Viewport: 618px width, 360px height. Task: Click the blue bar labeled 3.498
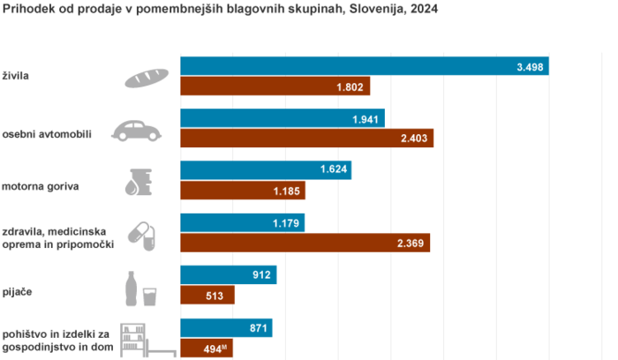[364, 65]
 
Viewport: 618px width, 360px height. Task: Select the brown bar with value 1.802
[275, 86]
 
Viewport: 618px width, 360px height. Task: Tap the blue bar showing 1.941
[283, 118]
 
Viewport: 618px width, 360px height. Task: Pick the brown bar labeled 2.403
[306, 138]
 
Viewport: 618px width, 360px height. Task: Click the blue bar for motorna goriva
[265, 170]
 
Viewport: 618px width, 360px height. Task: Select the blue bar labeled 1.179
[242, 223]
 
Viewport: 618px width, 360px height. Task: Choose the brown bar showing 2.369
[305, 243]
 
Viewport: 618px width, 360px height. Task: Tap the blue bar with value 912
[228, 275]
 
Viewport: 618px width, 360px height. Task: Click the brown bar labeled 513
[207, 296]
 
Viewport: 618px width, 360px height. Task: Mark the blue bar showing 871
[226, 328]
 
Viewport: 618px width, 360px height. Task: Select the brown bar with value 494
[207, 348]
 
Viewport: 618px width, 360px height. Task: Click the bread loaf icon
[147, 77]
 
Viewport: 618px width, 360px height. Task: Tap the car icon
[137, 131]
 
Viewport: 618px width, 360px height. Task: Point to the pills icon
[139, 234]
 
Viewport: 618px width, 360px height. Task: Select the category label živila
[17, 77]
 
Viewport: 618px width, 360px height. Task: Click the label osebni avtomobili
[47, 134]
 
